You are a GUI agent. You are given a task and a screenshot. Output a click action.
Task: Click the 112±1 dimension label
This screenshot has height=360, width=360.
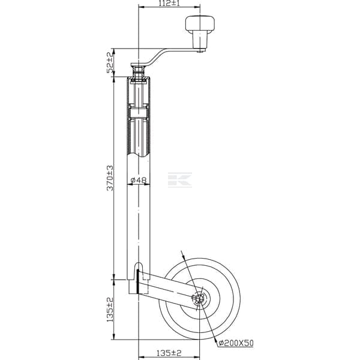169,3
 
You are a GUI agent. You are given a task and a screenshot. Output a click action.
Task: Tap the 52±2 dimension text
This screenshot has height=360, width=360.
110,62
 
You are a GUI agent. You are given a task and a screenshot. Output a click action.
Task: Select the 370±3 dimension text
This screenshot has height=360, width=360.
110,178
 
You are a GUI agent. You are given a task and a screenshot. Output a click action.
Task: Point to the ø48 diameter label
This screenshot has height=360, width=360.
139,181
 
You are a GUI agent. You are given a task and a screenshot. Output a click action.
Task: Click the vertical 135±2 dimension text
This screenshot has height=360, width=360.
110,310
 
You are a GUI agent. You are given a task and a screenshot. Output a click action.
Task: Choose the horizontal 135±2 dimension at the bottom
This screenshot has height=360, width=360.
169,353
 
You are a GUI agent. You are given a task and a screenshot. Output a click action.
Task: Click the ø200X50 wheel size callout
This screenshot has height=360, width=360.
236,343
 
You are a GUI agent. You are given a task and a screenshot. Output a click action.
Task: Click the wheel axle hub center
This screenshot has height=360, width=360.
199,299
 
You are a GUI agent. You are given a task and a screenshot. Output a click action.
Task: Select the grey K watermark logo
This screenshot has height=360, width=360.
180,180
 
